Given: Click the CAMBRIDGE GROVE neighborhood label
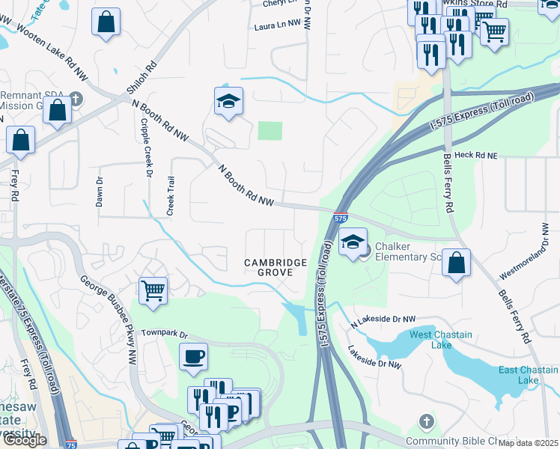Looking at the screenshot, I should [x=276, y=269].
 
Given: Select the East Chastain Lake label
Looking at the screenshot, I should [x=529, y=375].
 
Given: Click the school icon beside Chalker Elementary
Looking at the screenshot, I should [x=353, y=242].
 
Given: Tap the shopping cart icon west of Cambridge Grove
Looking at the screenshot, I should [x=153, y=290].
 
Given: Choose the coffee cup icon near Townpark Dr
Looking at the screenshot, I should [x=194, y=356].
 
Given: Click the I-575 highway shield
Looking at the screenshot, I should [x=340, y=218].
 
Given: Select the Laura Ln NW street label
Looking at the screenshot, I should [x=277, y=25].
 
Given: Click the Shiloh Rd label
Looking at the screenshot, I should [x=141, y=77].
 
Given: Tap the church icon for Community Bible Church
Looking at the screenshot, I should [x=426, y=421].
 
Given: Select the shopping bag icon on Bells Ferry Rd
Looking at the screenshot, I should [x=456, y=263].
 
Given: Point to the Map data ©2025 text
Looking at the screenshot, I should [x=529, y=443].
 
